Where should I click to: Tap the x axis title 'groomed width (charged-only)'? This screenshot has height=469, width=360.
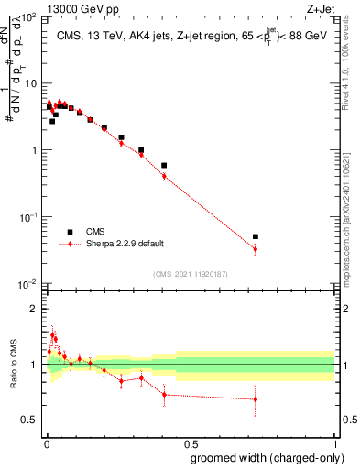coord(265,456)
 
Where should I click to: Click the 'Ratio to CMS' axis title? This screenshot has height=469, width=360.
coord(12,365)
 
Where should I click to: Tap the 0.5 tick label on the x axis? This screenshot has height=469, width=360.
coord(189,442)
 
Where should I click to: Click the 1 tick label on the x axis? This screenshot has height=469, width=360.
coord(334,442)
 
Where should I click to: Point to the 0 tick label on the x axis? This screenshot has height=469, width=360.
coord(45,442)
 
